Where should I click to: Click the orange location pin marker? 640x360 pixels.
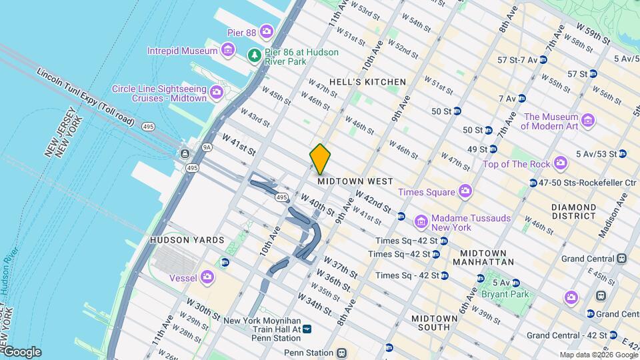click(x=320, y=159)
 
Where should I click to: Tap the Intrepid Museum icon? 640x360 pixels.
click(x=228, y=50)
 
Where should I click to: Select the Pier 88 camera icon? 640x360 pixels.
click(x=267, y=31)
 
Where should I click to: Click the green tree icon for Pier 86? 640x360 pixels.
click(x=253, y=55)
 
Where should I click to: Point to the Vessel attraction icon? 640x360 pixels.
click(x=207, y=277)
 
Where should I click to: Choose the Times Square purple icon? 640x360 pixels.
click(x=465, y=192)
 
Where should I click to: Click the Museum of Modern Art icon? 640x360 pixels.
click(x=587, y=121)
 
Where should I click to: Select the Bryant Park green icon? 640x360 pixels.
click(x=516, y=295)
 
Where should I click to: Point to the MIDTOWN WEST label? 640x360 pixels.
click(x=355, y=181)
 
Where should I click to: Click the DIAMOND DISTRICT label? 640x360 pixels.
click(x=573, y=211)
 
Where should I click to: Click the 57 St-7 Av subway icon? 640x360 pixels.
click(x=543, y=60)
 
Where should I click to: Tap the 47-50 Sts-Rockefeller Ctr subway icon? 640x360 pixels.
click(x=533, y=183)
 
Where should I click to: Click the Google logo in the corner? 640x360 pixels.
click(x=22, y=352)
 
